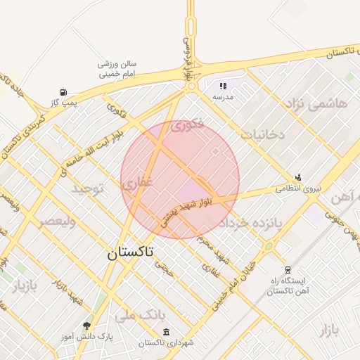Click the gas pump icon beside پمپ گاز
64,91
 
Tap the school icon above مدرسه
223,86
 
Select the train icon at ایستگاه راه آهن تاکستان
287,270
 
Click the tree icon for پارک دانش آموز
86,326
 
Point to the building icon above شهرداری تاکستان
166,332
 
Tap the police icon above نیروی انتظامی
299,177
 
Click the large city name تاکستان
131,253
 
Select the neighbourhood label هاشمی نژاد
316,103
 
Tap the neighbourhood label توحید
86,188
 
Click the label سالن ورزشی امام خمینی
117,68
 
